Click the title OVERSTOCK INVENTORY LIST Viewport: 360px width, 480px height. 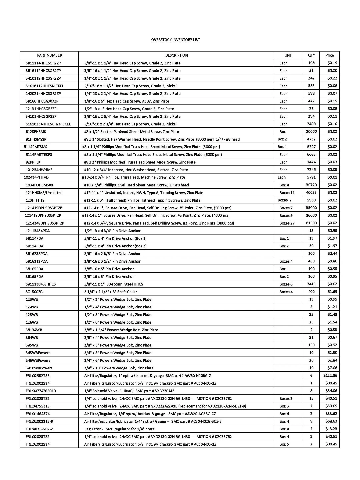(175, 40)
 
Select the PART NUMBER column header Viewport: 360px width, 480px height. (49, 55)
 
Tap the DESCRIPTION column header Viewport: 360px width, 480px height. (176, 55)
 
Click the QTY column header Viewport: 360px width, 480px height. (311, 55)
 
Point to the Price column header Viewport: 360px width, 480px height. (330, 55)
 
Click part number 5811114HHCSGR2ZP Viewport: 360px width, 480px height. (43, 63)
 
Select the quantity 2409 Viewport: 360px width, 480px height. (311, 124)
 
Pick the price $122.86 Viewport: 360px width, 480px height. (330, 376)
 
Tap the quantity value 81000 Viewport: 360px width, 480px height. (311, 223)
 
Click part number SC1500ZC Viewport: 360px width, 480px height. (34, 292)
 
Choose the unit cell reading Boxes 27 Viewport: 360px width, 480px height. (287, 223)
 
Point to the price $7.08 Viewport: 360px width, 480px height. (332, 368)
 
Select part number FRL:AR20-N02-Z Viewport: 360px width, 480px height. (39, 429)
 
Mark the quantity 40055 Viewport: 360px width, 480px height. (311, 193)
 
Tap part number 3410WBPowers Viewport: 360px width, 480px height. (39, 368)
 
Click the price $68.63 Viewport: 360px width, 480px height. (331, 422)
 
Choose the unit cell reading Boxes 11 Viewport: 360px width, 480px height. (287, 193)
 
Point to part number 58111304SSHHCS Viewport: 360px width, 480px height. (41, 284)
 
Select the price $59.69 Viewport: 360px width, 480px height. (331, 406)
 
